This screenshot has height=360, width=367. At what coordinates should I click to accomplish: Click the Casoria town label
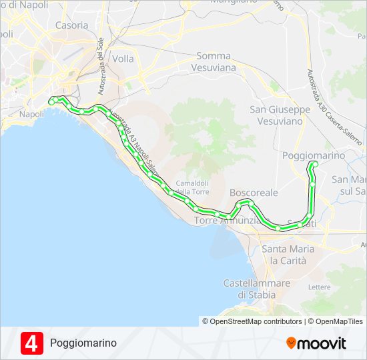click(71, 25)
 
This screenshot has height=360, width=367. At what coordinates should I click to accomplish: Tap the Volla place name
click(123, 59)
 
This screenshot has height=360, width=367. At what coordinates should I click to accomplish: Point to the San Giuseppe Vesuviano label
click(280, 115)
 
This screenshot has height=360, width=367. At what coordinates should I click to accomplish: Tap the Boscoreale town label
click(254, 192)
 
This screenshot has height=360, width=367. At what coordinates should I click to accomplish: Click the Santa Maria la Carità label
click(288, 254)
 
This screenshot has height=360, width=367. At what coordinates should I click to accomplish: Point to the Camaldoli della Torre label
click(192, 187)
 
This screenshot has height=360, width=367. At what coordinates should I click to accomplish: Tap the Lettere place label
click(320, 287)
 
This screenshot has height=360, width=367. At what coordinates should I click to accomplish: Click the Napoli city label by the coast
click(31, 114)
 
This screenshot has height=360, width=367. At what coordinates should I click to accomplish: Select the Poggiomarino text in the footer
click(83, 343)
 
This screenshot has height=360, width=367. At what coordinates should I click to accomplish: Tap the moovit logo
click(316, 343)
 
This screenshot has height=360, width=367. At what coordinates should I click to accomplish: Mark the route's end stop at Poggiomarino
click(315, 164)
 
